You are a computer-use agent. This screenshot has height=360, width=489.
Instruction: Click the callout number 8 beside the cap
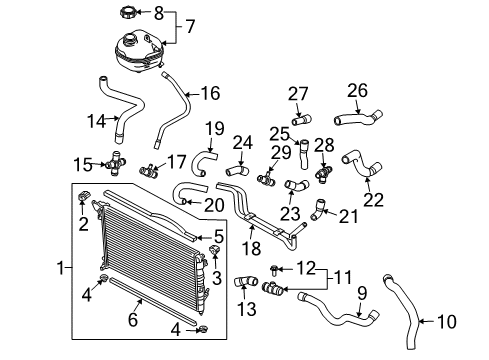(158, 12)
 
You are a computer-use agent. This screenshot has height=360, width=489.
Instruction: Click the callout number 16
(210, 94)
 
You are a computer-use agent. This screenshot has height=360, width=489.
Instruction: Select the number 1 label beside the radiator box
(62, 269)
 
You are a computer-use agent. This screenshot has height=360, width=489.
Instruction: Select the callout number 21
(347, 215)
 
